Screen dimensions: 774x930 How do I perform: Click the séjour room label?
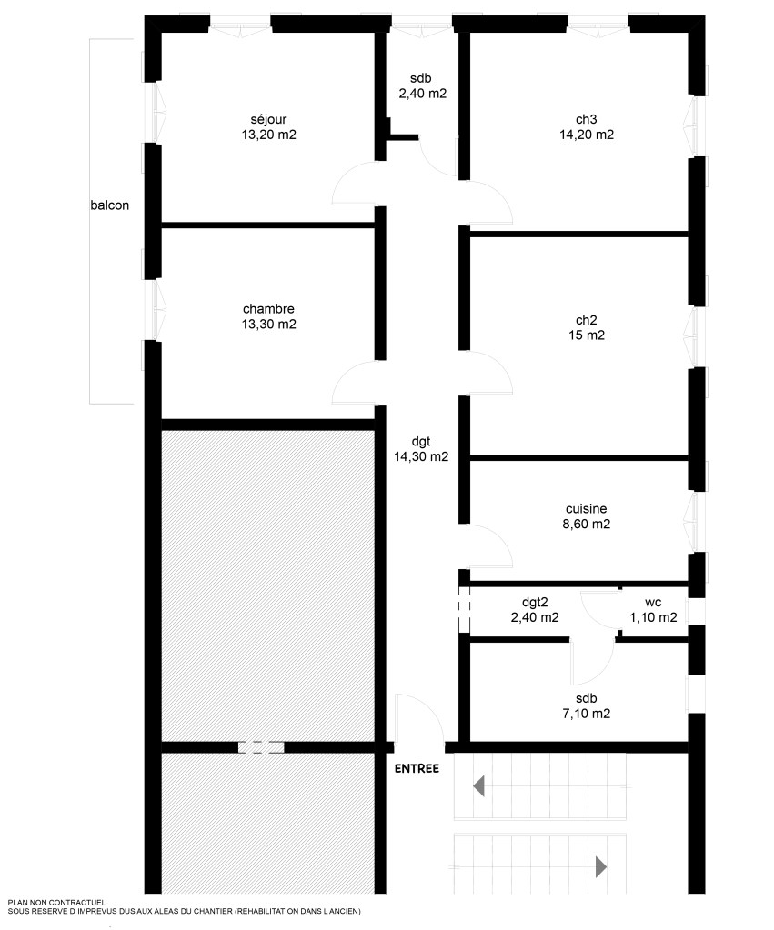[x=268, y=119]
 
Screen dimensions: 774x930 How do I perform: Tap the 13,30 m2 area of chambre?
[x=269, y=325]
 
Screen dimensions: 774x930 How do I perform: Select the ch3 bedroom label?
[x=587, y=119]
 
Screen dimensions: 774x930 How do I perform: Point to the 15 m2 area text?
[x=587, y=335]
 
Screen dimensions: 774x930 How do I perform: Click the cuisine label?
[x=587, y=509]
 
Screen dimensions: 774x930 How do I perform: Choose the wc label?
[x=653, y=603]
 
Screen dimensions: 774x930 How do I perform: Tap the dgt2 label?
[x=535, y=603]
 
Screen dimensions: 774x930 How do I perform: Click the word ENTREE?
[x=417, y=769]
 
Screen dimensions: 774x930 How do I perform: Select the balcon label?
[x=110, y=205]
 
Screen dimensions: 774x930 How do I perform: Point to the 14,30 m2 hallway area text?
[x=421, y=456]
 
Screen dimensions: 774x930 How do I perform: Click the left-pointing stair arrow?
[x=478, y=785]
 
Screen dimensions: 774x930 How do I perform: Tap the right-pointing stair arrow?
[x=601, y=866]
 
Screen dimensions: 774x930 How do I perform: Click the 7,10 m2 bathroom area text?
[x=587, y=714]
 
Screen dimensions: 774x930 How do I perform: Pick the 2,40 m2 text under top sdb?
[x=423, y=93]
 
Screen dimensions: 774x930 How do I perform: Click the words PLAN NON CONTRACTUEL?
[x=56, y=903]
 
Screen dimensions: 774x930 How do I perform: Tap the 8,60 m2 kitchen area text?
[x=587, y=524]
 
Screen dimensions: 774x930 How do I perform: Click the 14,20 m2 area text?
[x=587, y=135]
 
